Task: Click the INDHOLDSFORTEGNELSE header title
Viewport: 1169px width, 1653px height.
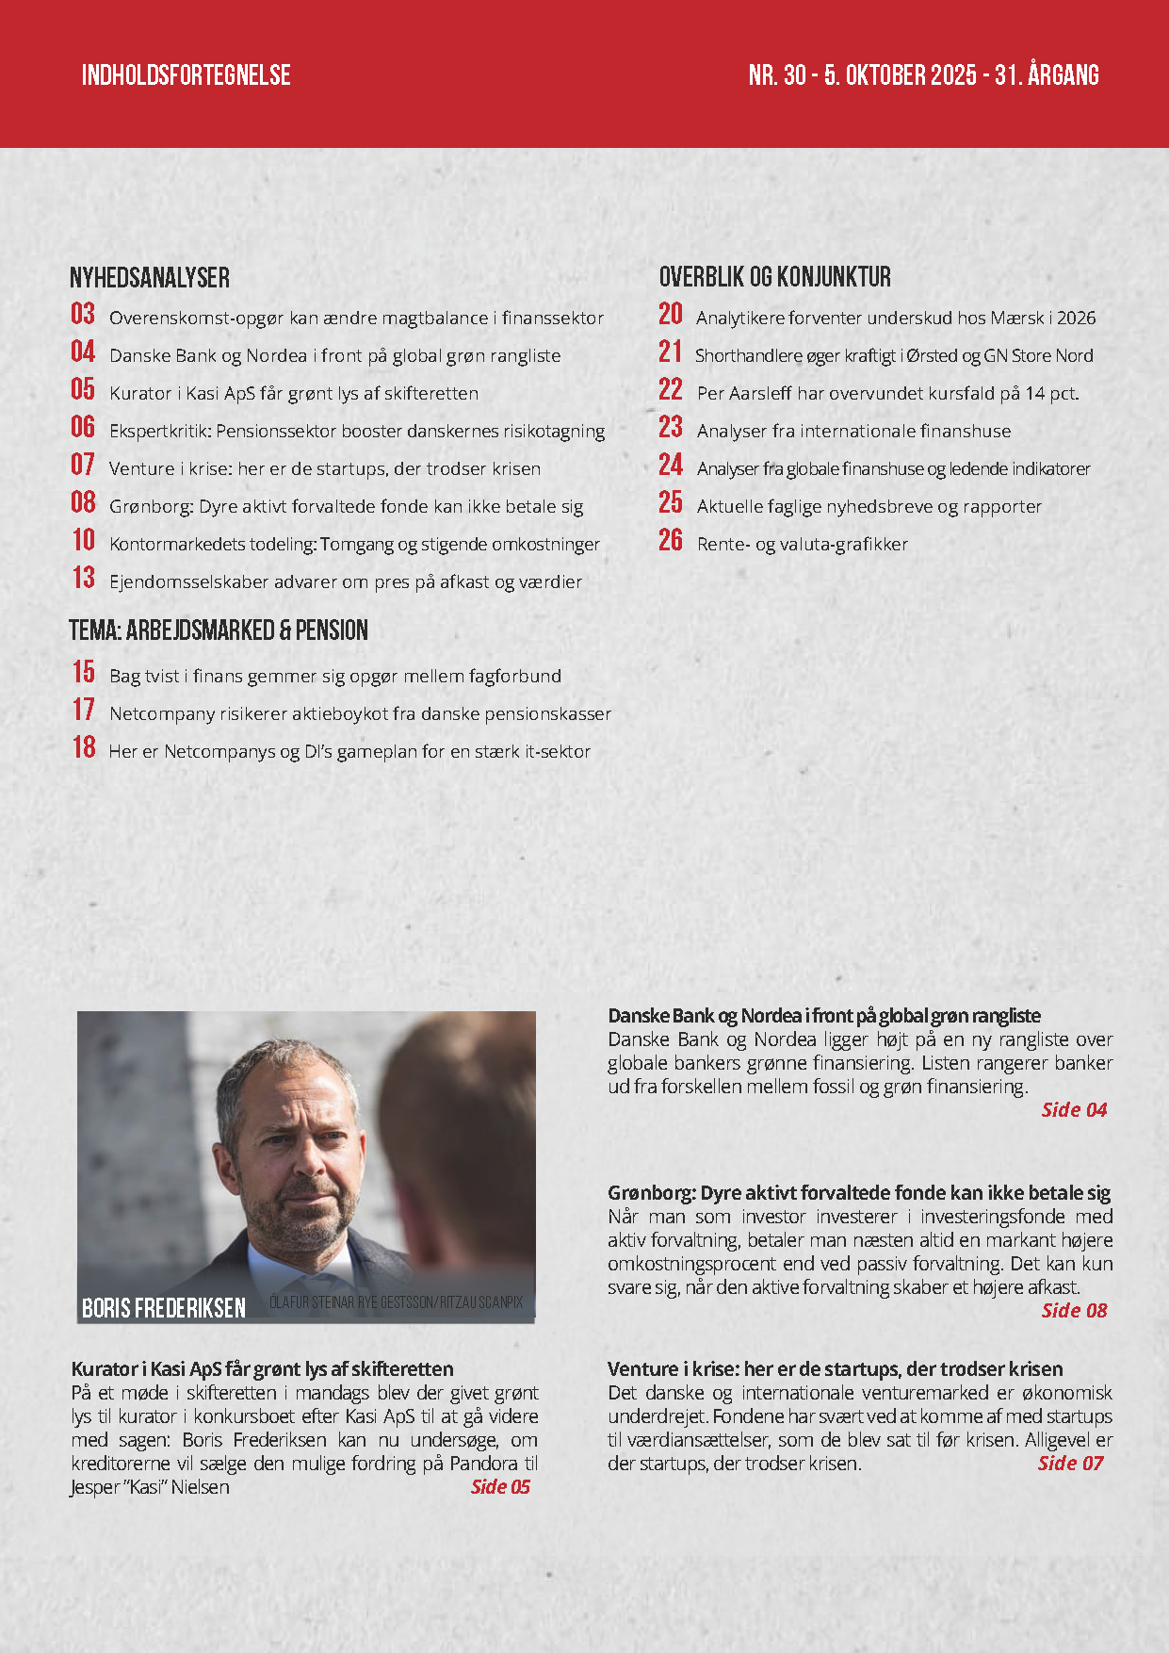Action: coord(186,75)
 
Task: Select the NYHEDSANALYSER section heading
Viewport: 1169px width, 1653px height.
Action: coord(150,278)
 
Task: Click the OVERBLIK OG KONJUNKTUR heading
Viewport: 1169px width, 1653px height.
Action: coord(774,277)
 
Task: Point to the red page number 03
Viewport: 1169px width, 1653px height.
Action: coord(83,315)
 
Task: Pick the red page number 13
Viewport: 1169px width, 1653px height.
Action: coord(84,579)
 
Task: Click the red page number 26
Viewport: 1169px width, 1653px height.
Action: coord(671,541)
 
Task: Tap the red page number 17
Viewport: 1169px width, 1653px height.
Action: coord(84,711)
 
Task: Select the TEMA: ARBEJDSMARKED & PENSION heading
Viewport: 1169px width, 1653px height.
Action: coord(219,630)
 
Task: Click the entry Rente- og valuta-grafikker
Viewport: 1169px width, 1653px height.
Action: coord(802,545)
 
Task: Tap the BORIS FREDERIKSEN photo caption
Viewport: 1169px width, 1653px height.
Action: coord(164,1308)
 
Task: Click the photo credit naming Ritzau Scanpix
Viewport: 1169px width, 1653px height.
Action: coord(396,1302)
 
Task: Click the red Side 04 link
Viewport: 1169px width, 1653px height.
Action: coord(1074,1110)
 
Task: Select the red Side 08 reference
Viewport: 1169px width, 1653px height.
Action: coord(1074,1311)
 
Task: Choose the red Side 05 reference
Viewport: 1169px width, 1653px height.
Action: coord(500,1487)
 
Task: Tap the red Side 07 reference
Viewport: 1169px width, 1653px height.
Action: coord(1070,1464)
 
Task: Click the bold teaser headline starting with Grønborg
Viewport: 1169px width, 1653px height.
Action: coord(858,1193)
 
